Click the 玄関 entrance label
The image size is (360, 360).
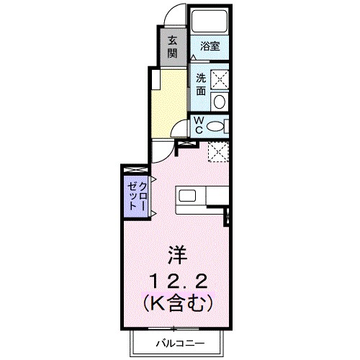point(173,47)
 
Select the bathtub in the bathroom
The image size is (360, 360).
point(211,22)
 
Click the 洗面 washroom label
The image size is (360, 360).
point(200,84)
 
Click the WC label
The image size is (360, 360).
point(197,126)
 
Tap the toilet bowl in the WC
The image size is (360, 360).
point(215,127)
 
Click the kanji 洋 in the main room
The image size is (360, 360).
point(177,254)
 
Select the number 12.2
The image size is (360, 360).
point(176,279)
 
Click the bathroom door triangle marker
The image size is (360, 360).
point(195,57)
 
